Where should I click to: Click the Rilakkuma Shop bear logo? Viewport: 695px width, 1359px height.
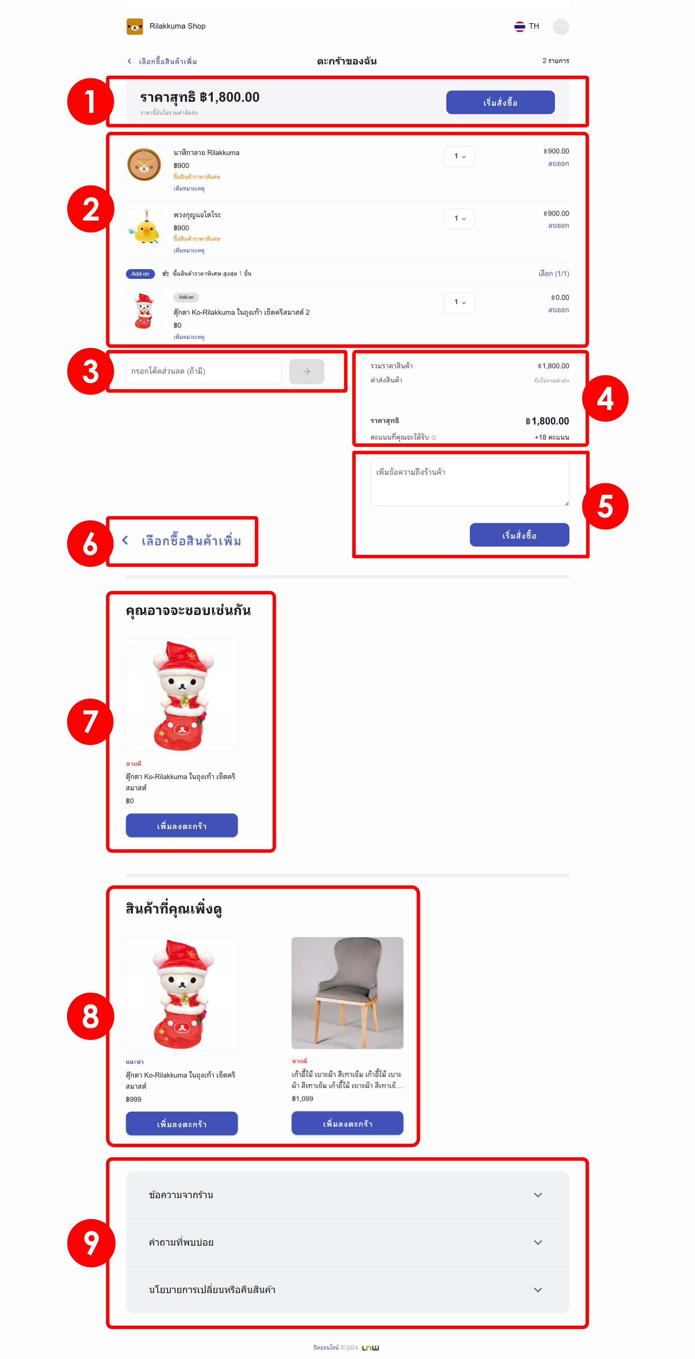point(134,26)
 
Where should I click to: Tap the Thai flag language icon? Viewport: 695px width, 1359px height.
point(519,26)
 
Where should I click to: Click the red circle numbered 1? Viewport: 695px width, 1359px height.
point(90,101)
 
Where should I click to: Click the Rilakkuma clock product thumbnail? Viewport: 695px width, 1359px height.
point(144,164)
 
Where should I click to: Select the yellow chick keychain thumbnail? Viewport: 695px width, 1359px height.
point(144,227)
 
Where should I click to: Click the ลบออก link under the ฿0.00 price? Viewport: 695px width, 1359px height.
point(559,310)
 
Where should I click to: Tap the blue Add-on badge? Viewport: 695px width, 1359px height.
point(140,274)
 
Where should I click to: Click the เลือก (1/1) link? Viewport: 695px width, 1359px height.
point(554,274)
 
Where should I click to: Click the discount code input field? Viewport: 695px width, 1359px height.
point(203,371)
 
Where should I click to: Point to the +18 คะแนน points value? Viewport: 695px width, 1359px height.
point(552,437)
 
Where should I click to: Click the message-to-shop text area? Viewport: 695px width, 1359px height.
point(470,482)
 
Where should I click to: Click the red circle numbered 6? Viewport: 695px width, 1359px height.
point(90,543)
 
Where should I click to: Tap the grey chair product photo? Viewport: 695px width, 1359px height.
point(347,993)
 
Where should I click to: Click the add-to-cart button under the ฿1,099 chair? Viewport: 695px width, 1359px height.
point(347,1123)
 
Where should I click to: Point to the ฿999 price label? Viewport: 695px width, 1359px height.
point(134,1099)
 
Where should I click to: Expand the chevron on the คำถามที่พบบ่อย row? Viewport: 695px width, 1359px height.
point(538,1242)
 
